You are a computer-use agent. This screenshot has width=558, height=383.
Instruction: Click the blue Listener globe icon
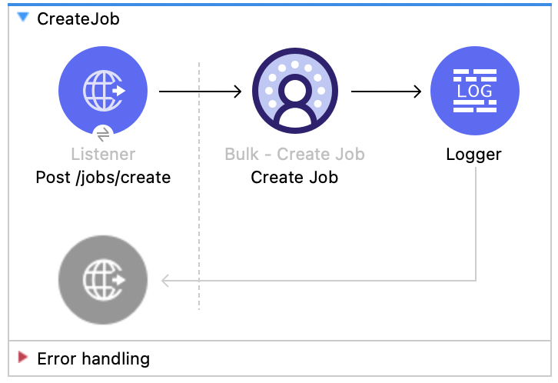coord(102,91)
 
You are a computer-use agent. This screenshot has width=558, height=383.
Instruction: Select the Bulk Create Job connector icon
coord(294,91)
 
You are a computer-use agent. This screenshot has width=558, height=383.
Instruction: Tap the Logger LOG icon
coord(474,91)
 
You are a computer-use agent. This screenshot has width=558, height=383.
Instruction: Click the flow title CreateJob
coord(78,19)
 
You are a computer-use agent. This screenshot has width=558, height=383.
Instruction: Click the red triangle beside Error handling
coord(23,358)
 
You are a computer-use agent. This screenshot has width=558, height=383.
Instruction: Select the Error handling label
coord(93,358)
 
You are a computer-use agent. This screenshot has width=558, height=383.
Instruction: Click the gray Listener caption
coord(102,154)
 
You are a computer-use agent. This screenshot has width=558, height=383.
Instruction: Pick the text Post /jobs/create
coord(103,178)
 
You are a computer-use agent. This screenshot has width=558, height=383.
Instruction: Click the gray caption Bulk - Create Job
coord(294,154)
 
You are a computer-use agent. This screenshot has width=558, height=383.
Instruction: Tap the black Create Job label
coord(294,178)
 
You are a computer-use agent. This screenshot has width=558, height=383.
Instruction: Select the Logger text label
coord(473,154)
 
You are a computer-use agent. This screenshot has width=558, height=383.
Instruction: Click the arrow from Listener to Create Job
coord(200,92)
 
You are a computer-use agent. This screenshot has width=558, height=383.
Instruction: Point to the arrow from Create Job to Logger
coord(386,92)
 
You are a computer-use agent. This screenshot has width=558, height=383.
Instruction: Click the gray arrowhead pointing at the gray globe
coord(165,281)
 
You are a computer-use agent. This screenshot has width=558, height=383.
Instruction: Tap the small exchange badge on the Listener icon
coord(103,133)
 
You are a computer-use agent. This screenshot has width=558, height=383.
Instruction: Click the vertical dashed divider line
coord(199,231)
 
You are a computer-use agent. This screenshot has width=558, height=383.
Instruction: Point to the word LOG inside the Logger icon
coord(474,91)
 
